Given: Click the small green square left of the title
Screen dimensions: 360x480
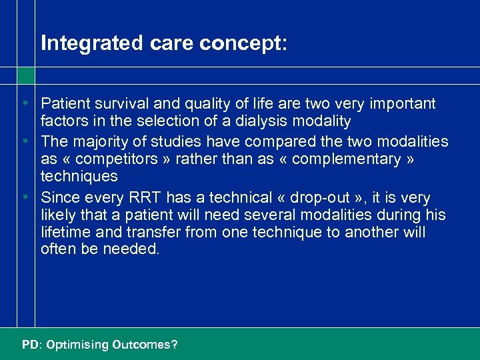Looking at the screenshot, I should (x=25, y=75).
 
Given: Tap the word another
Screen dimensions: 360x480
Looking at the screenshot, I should (x=339, y=233).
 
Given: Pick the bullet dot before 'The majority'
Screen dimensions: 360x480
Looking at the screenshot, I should (x=24, y=141).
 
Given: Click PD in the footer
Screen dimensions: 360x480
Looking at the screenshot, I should (x=30, y=345).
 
